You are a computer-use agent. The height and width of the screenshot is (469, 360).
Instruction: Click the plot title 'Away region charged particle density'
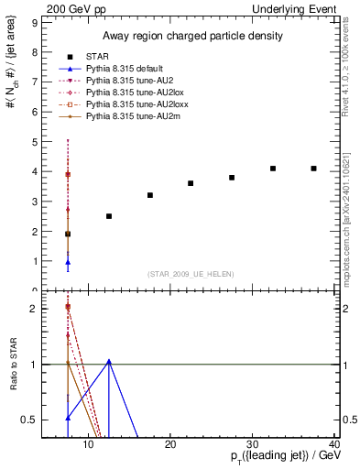point(191,36)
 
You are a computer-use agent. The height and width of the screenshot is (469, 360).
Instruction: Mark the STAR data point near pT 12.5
point(109,216)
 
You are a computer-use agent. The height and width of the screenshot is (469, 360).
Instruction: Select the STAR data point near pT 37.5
point(314,169)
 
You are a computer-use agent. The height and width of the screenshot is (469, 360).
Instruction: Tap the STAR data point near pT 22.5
point(191,183)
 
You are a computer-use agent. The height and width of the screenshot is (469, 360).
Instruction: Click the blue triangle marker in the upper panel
point(68,262)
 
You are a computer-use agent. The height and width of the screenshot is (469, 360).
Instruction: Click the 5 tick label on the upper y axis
point(33,142)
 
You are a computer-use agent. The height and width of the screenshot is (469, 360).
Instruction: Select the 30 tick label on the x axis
point(253,445)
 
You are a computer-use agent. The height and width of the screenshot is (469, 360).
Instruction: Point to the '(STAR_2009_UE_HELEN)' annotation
point(191,274)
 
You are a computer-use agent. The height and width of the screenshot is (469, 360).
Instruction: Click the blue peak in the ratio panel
point(109,361)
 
